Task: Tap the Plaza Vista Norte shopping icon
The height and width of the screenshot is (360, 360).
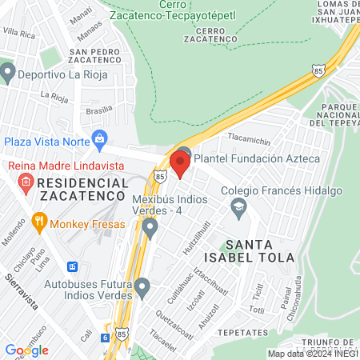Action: click(x=99, y=139)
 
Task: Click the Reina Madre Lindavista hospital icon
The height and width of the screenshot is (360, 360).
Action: click(x=26, y=184)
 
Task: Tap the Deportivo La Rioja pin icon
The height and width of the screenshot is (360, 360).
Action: click(x=8, y=74)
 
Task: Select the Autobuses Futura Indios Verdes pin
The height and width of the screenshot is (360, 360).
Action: click(x=142, y=286)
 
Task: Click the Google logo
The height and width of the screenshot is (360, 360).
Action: click(x=26, y=350)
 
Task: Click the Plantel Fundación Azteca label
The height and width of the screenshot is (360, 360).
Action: click(x=257, y=158)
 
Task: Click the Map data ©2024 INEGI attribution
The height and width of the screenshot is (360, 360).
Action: click(x=311, y=353)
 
